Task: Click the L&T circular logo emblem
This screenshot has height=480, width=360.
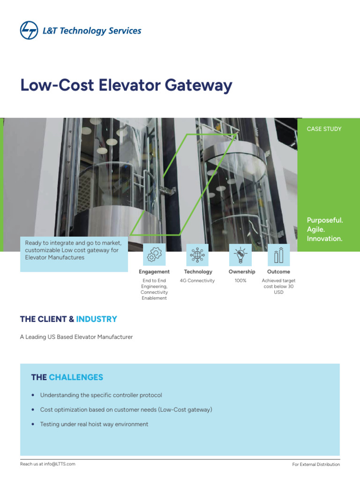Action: click(29, 31)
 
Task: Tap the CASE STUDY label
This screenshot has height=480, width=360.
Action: click(324, 129)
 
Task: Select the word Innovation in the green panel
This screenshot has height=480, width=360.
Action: click(324, 239)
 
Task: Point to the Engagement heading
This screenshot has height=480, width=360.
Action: click(154, 272)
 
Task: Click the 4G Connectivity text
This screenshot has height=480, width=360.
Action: click(197, 281)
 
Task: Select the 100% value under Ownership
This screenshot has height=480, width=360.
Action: click(240, 281)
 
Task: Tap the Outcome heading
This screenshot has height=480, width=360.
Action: click(278, 272)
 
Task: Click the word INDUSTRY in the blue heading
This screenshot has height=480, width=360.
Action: click(97, 319)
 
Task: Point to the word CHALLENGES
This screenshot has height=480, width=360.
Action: click(76, 377)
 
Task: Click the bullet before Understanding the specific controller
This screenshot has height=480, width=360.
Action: click(32, 396)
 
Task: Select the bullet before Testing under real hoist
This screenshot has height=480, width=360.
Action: click(32, 425)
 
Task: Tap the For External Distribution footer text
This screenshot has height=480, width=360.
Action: click(315, 465)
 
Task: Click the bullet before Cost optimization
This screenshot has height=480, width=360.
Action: click(32, 410)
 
